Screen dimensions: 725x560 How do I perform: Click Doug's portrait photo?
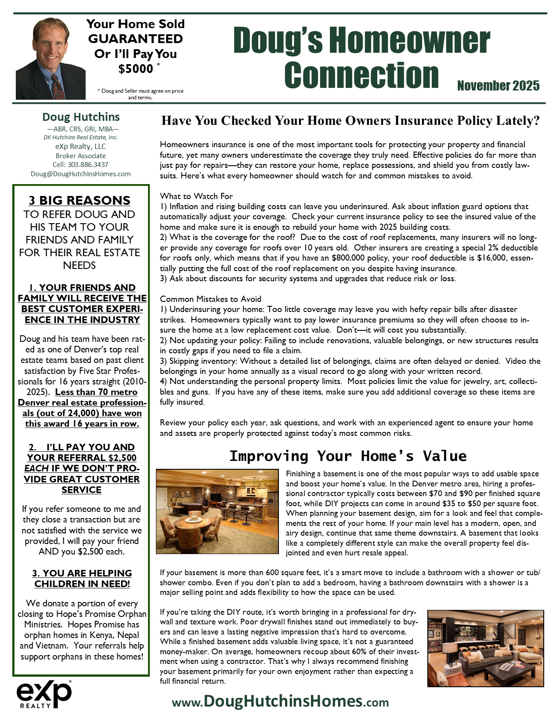(x=44, y=58)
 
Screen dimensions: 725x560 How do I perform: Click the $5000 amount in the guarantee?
(x=136, y=69)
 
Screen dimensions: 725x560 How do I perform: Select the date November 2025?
(x=498, y=86)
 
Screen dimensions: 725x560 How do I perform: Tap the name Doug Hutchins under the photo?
(x=81, y=117)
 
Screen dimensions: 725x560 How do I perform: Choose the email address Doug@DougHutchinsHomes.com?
(x=81, y=174)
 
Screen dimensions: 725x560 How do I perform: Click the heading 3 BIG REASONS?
(x=79, y=200)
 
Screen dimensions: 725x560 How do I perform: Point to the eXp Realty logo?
(x=44, y=694)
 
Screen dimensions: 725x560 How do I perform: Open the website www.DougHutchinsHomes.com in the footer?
(x=280, y=701)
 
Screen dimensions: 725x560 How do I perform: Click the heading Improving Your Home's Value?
(x=348, y=456)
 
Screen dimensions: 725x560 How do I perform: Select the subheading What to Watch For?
(x=196, y=196)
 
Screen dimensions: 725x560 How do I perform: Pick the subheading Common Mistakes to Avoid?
(x=210, y=299)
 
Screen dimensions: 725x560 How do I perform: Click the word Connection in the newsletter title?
(x=361, y=75)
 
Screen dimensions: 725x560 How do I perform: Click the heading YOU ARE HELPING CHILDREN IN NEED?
(x=82, y=579)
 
